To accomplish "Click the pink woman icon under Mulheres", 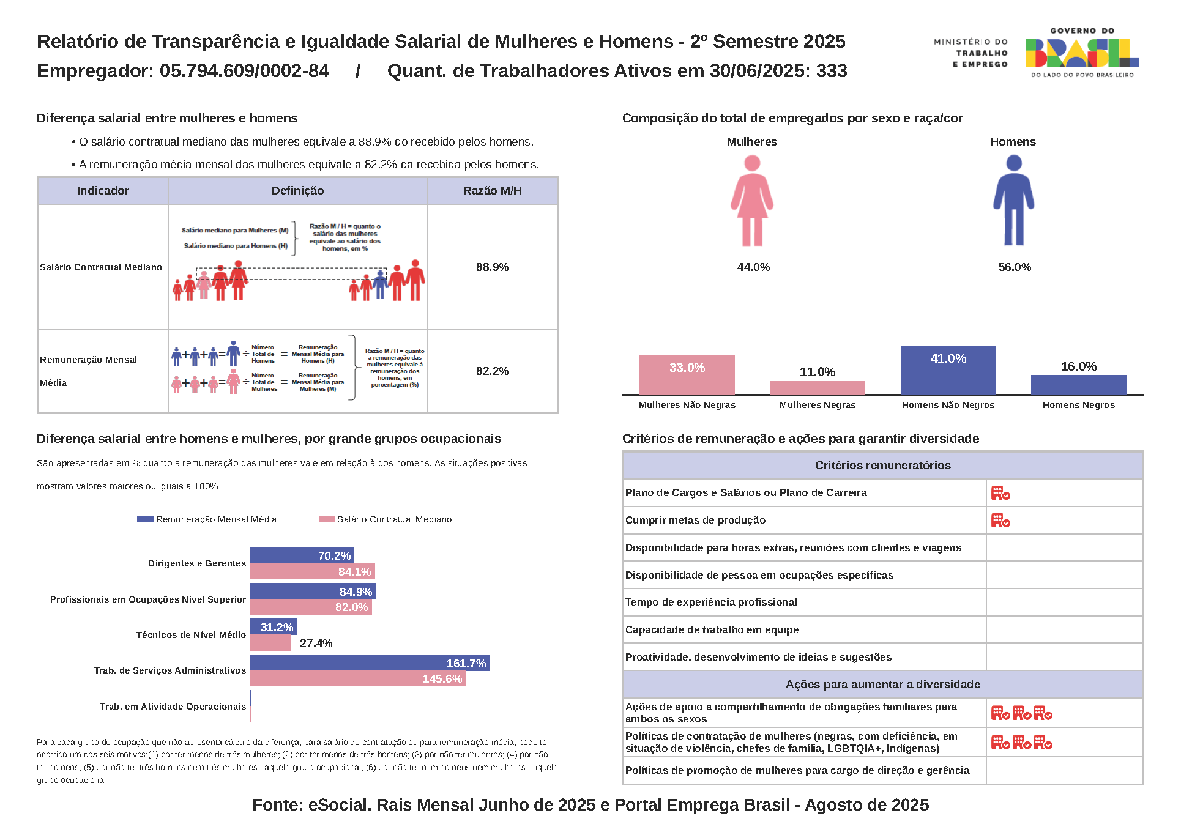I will click(x=752, y=201).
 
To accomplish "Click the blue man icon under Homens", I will click(x=1013, y=201).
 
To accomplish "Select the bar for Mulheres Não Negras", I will click(x=687, y=374).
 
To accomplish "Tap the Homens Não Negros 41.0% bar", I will click(x=948, y=370).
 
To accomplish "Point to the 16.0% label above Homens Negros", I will click(x=1078, y=366).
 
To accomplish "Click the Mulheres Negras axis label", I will click(x=818, y=405).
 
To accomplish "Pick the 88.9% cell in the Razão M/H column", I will click(x=492, y=267).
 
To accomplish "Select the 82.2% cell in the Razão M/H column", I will click(x=492, y=371).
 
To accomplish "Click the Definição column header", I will click(x=297, y=191).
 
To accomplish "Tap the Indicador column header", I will click(x=103, y=191).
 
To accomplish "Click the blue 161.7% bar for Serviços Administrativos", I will click(x=370, y=663).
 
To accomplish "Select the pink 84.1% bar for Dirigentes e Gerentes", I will click(x=312, y=571).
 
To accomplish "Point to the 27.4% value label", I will click(x=316, y=644).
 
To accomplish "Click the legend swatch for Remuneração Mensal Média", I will click(x=145, y=519).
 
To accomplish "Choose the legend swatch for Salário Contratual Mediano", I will click(x=326, y=519).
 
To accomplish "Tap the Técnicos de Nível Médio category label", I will click(x=191, y=635).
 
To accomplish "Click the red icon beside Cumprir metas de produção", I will click(x=1000, y=521).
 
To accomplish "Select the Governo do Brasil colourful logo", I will click(x=1082, y=53).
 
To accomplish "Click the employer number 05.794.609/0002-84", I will click(x=244, y=71).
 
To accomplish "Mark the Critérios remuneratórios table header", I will click(x=882, y=466).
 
